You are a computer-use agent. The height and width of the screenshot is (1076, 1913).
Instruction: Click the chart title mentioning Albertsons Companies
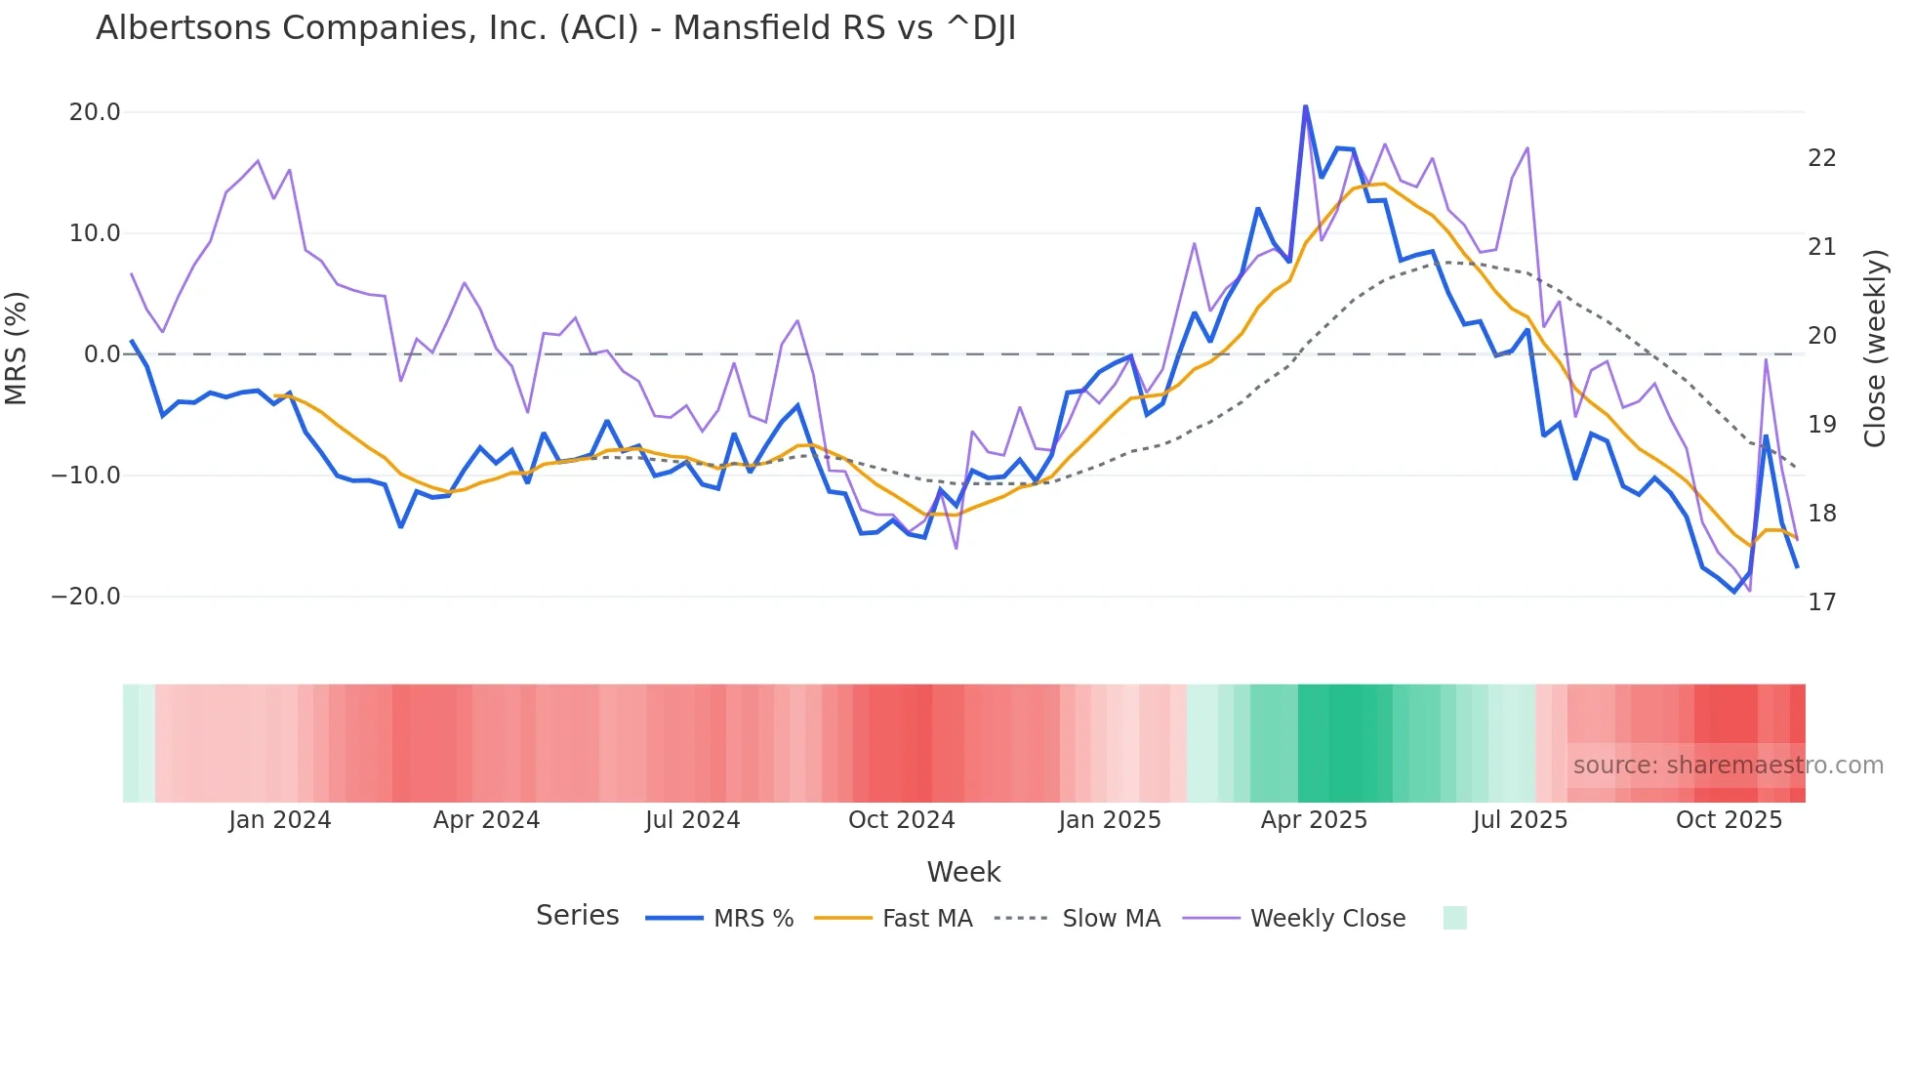tap(555, 28)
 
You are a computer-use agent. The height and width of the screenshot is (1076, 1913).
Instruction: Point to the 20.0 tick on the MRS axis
tap(95, 112)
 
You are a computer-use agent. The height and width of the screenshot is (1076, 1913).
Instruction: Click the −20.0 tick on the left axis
tap(86, 597)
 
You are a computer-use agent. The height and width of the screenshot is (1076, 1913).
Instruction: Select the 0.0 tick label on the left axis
tap(102, 354)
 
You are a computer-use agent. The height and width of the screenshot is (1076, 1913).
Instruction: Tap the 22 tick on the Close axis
tap(1821, 158)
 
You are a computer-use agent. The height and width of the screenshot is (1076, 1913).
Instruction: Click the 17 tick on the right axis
tap(1821, 602)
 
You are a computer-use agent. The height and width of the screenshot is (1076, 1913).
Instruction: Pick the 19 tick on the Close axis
tap(1821, 425)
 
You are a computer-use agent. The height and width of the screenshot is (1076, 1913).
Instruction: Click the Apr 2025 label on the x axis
tap(1313, 820)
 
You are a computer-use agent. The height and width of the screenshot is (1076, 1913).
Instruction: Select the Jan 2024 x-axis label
tap(279, 820)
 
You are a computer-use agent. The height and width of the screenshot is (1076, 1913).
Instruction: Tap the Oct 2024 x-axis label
tap(901, 820)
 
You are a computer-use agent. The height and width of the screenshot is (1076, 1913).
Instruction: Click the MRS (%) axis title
tap(17, 348)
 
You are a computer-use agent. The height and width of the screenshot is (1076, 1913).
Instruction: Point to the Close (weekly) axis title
tap(1874, 349)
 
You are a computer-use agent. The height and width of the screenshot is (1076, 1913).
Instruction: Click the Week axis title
tap(963, 872)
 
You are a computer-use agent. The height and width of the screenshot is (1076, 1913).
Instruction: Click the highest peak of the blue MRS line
tap(1305, 106)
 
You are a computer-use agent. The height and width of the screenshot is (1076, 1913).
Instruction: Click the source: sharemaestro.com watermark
tap(1728, 766)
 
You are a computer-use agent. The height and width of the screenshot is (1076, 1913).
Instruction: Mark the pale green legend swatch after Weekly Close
tap(1454, 918)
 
